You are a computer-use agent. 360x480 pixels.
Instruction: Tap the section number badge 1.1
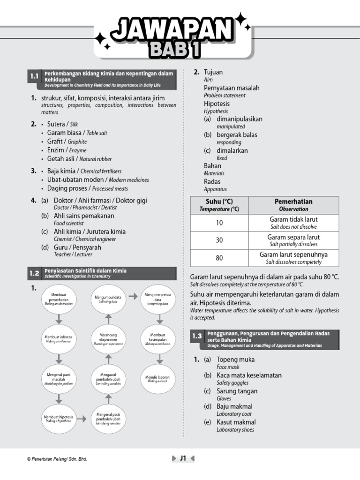34,76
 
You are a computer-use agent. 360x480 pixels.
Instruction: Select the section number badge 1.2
34,273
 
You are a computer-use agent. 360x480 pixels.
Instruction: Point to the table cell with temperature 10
219,223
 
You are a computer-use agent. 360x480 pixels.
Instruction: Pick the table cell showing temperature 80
219,258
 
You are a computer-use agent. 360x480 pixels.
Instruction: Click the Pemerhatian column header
293,205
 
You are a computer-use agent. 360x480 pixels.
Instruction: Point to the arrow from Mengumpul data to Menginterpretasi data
133,296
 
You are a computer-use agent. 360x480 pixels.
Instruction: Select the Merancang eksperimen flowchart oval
108,339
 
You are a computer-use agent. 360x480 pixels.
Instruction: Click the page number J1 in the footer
183,458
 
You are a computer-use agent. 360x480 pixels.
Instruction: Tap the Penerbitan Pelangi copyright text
57,459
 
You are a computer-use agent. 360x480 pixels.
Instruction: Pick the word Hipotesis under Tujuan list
217,104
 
